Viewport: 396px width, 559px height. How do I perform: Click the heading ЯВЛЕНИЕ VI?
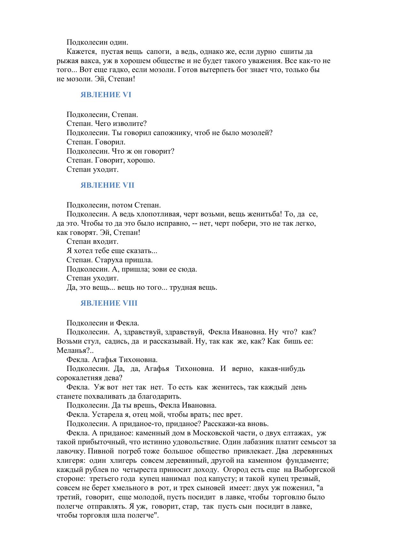pyautogui.click(x=106, y=95)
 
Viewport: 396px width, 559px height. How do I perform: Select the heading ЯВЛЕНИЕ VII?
pyautogui.click(x=107, y=185)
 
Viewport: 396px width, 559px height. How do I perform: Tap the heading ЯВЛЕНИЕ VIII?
pyautogui.click(x=109, y=303)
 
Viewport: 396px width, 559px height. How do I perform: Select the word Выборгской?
pyautogui.click(x=314, y=469)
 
